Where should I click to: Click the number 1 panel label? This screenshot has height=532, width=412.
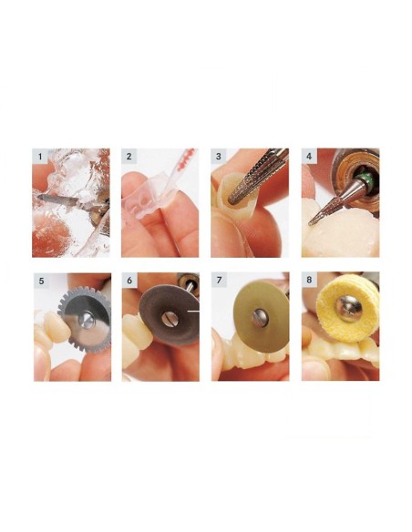coord(38,157)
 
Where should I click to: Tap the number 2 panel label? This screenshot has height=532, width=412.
coord(129,157)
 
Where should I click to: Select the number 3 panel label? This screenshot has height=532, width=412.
coord(219,157)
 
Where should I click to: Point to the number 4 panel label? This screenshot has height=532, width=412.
coord(308,157)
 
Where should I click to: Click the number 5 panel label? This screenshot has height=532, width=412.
coord(38,280)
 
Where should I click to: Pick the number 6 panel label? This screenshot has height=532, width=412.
coord(129,280)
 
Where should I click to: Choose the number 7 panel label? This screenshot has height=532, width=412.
coord(219,280)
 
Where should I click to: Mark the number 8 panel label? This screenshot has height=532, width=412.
coord(308,280)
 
